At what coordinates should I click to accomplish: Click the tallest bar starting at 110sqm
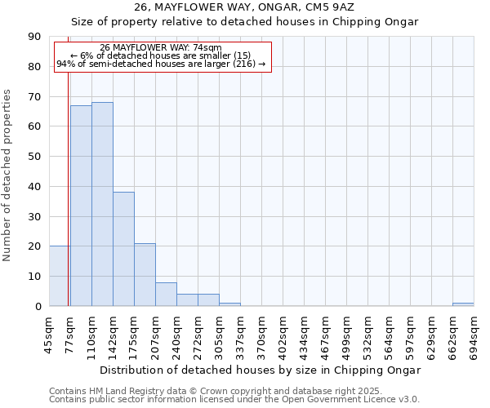pos(102,204)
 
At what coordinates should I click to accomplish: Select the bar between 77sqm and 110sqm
pos(81,206)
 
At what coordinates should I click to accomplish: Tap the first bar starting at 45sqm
pos(60,276)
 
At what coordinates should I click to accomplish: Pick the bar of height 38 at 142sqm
pos(123,249)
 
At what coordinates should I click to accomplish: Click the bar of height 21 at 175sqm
pos(145,274)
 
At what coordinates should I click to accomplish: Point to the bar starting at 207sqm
pos(166,294)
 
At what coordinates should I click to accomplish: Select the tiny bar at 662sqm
pos(463,304)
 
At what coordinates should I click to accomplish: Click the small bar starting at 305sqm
pos(229,304)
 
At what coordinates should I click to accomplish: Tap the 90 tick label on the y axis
pos(34,37)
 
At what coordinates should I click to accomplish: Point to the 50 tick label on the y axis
pos(34,157)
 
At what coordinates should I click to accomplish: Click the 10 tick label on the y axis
pos(34,277)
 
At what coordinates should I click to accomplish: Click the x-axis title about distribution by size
pos(261,370)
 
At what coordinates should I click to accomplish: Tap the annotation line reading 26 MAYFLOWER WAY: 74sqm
pos(161,47)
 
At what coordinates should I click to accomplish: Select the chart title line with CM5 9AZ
pos(245,7)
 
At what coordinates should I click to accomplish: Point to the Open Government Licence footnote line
pos(234,400)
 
